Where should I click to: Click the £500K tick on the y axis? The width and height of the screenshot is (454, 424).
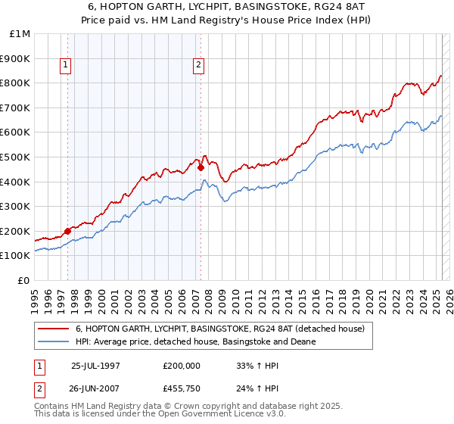(x=18, y=157)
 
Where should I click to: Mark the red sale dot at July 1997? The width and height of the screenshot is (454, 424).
(x=68, y=231)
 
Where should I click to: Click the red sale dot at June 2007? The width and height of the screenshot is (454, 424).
(x=201, y=168)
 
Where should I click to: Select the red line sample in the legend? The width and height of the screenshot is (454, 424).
(x=53, y=329)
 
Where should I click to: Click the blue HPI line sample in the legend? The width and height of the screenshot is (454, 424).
(x=53, y=341)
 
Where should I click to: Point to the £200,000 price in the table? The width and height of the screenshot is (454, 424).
(x=182, y=365)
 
